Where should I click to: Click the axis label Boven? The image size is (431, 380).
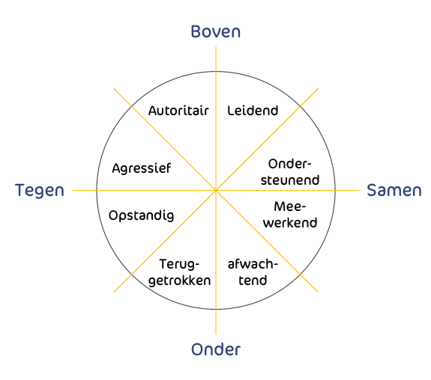click(216, 31)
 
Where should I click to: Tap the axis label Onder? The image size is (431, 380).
click(216, 349)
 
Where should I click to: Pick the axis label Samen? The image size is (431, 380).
click(394, 190)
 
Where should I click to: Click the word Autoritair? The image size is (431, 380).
click(178, 111)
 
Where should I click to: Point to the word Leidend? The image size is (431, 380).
click(253, 111)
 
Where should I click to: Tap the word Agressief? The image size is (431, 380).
click(141, 168)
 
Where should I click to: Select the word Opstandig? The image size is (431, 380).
click(141, 216)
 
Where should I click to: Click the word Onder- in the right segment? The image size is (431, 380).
click(290, 164)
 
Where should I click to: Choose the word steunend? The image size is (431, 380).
click(290, 180)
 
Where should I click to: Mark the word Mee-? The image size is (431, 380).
click(290, 206)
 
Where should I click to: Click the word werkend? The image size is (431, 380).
click(290, 222)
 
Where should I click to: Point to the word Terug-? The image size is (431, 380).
click(179, 265)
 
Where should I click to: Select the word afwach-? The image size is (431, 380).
click(253, 264)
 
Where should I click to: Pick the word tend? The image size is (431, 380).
click(253, 281)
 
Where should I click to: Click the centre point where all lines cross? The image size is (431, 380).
click(216, 190)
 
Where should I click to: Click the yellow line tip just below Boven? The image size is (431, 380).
click(216, 46)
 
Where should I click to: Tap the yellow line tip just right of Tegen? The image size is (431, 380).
click(71, 190)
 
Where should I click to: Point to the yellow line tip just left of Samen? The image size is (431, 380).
click(360, 190)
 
